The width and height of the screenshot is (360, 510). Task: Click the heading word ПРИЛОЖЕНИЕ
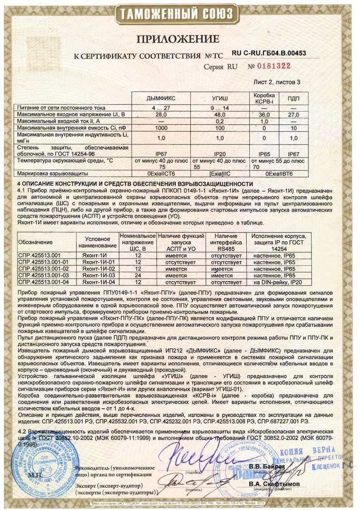(178, 39)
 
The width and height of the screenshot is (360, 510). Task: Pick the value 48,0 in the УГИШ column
(220, 114)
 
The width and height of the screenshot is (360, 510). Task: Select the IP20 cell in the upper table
(220, 154)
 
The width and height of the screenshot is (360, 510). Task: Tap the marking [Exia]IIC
(220, 174)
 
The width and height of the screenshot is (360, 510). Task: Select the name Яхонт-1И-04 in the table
(99, 282)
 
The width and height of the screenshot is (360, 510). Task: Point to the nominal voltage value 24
(138, 275)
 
